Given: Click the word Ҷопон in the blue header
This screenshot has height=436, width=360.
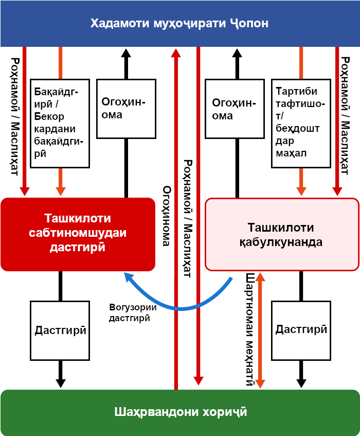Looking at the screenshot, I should point(249,24).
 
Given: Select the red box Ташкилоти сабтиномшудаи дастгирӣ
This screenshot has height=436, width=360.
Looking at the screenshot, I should point(78,234).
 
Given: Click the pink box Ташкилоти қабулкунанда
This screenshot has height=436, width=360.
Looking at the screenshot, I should point(281,234).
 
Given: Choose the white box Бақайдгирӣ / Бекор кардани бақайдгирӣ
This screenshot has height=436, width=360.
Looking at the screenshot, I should point(60,123).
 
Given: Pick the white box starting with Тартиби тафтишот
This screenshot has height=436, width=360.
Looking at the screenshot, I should point(301,123).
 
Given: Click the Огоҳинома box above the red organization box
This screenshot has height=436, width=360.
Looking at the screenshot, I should point(126,109).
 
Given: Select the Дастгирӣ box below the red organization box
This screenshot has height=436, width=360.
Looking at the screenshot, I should point(60,330).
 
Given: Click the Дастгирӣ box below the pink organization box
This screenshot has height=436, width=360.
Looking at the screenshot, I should point(301,330).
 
